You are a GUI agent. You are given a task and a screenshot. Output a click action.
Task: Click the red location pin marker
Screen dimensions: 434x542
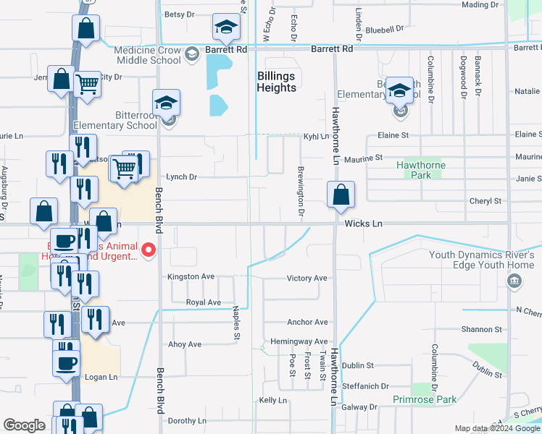click(149, 250)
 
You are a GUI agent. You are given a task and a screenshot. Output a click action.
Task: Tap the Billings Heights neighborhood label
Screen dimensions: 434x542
click(277, 82)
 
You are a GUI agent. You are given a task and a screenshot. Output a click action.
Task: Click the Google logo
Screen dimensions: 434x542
click(25, 425)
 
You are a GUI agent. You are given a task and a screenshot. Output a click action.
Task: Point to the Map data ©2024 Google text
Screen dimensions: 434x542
click(496, 428)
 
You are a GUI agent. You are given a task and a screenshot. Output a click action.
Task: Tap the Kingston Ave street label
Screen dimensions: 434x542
click(191, 277)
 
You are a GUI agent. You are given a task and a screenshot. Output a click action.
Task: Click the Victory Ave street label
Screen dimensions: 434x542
click(307, 278)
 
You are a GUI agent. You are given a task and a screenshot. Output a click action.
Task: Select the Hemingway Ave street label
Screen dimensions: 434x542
click(299, 341)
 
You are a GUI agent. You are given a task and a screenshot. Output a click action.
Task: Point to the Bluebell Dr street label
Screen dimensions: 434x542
click(384, 30)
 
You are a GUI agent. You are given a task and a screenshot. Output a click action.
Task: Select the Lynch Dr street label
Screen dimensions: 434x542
click(181, 177)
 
